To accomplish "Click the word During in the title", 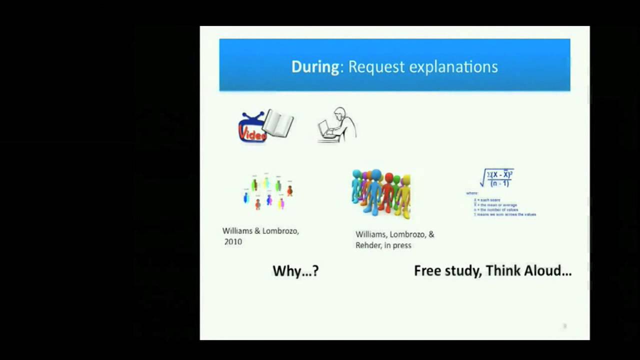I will tap(315, 67).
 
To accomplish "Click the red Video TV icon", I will tap(251, 128).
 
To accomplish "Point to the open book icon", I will tap(279, 123).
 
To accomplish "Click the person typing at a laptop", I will tap(337, 125).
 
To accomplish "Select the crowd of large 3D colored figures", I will tap(381, 193).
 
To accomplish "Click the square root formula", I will tap(497, 178).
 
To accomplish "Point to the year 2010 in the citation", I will tap(233, 241).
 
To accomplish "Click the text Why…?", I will tap(295, 271).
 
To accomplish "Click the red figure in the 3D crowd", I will tap(387, 192).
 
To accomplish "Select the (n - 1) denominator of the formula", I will tap(499, 183).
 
